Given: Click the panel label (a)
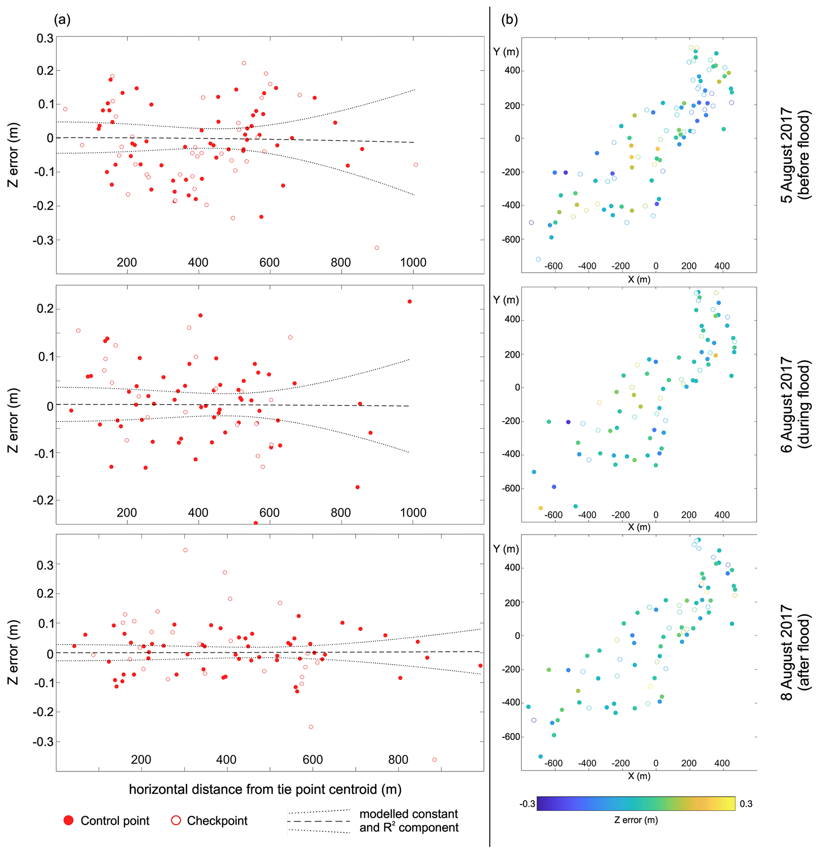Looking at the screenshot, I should coord(62,20).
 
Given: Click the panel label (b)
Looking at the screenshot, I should coord(509,20).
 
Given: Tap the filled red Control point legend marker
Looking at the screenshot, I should coord(69,820).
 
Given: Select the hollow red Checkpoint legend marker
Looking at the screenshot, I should coord(176,820).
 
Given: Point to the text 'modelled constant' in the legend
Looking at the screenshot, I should coord(409,814).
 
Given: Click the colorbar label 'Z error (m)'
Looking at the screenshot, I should coord(636,820).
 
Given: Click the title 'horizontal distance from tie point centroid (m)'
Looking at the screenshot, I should coord(265,789).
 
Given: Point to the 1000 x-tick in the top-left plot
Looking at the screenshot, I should coord(413,263).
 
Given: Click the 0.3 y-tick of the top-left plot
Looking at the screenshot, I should coord(45,38).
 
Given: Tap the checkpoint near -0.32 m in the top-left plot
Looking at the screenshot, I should coord(376,248).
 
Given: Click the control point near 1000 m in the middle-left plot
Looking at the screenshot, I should coord(409,301).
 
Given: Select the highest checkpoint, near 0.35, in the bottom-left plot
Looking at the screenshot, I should coord(185,550).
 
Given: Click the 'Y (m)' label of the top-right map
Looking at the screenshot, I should coord(506,52).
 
